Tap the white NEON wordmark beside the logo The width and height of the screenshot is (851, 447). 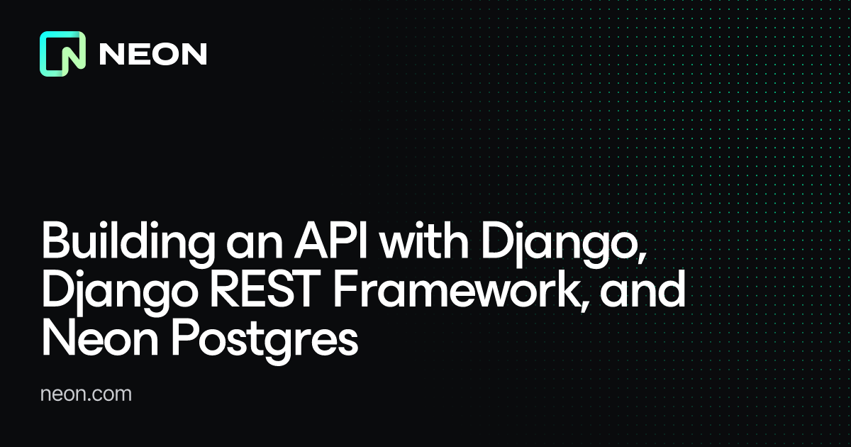click(x=152, y=55)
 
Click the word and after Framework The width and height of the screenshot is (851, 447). click(x=646, y=292)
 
